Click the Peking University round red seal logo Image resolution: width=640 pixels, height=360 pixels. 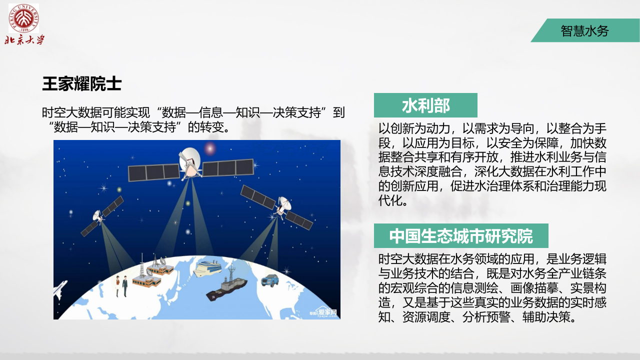pos(23,18)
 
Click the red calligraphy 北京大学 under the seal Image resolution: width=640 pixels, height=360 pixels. pos(24,39)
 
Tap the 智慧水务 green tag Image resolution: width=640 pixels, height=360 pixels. pos(584,31)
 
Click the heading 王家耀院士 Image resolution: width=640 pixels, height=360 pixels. pos(81,84)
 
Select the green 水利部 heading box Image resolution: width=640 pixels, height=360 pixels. pos(425,105)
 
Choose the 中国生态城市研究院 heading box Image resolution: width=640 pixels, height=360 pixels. pos(460,236)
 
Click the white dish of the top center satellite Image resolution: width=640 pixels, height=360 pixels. pos(189,158)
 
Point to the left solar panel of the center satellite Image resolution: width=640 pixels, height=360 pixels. pos(153,172)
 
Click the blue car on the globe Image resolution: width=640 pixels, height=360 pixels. pos(270,279)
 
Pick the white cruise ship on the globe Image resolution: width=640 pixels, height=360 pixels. pos(209,268)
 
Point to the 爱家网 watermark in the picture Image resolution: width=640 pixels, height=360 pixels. pos(325,313)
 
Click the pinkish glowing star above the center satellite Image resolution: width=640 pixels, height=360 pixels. pos(210,148)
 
